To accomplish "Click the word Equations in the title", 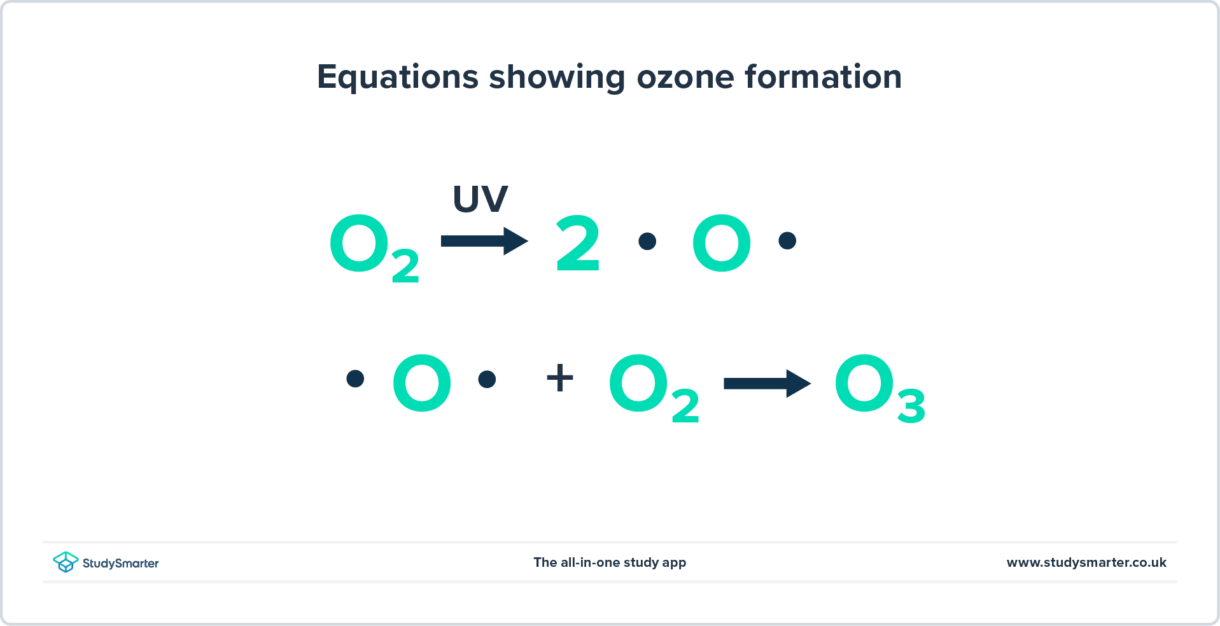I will point(397,77).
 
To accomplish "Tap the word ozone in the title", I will point(685,77).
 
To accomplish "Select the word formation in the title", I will point(823,77).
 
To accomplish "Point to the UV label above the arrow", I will point(480,198).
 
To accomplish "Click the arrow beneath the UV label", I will point(484,241).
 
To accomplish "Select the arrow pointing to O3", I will point(767,383).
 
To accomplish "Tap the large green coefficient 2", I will point(578,243).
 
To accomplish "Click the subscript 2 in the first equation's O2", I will point(405,266).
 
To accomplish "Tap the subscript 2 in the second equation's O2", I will point(685,406).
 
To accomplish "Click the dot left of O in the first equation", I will point(647,241).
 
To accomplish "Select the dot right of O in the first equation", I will point(787,240).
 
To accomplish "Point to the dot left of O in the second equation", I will point(355,379).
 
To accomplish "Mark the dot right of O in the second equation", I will point(487,379).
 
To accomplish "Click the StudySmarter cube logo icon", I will point(66,562).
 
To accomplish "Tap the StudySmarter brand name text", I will point(120,563).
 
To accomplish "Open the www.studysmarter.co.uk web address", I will point(1086,562).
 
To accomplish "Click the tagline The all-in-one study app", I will point(610,562).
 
